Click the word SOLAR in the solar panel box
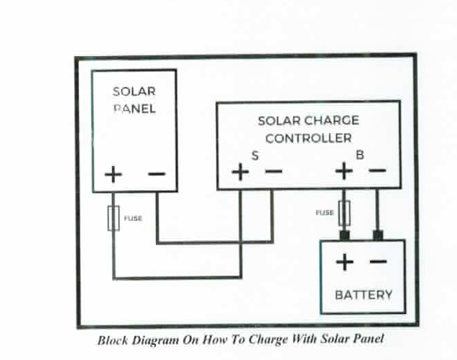[134, 92]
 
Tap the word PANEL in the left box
[134, 109]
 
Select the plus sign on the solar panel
[114, 175]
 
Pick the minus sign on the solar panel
[156, 174]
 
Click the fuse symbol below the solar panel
[113, 218]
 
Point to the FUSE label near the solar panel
[133, 218]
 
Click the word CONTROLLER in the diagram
[308, 138]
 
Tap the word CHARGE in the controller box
[331, 121]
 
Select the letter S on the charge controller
[254, 155]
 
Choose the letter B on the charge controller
[359, 154]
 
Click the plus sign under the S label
[240, 172]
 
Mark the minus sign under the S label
[273, 172]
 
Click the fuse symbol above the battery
[344, 213]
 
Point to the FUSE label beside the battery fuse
[325, 213]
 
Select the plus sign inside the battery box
[345, 262]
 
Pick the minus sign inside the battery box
[378, 262]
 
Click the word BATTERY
[364, 295]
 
